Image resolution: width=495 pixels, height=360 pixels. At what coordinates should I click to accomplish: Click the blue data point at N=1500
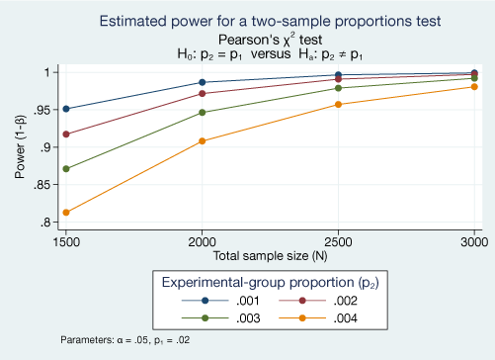click(x=66, y=109)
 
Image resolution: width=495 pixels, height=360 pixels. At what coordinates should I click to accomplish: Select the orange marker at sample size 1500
click(x=66, y=213)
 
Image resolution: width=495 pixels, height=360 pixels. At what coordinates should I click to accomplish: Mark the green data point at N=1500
click(x=66, y=169)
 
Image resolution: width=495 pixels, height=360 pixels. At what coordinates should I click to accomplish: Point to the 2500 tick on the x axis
click(x=339, y=241)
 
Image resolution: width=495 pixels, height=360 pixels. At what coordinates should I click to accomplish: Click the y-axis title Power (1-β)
click(x=21, y=147)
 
